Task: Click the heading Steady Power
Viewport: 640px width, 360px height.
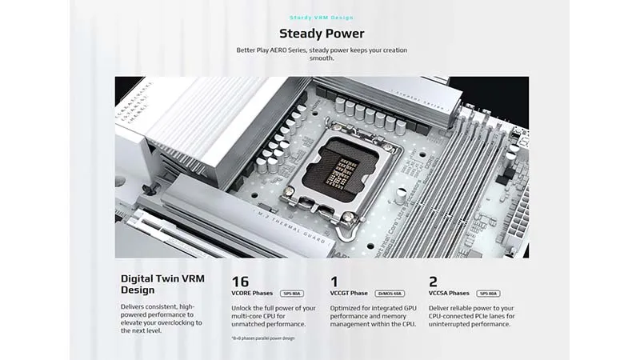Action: [x=322, y=34]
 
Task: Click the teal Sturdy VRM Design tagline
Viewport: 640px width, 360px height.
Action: [x=322, y=17]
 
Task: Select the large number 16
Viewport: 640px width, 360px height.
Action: [x=240, y=282]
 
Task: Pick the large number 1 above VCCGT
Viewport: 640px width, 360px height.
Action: [x=334, y=282]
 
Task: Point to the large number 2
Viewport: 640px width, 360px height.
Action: [x=433, y=282]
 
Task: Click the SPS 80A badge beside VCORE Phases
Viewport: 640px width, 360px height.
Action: [x=290, y=294]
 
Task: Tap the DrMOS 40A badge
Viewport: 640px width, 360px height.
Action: [x=390, y=294]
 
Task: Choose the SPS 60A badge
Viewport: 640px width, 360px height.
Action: [x=488, y=294]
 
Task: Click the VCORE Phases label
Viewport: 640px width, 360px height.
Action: [x=251, y=294]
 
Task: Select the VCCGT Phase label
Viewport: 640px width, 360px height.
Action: [x=350, y=294]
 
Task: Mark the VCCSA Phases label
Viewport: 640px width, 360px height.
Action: [x=449, y=294]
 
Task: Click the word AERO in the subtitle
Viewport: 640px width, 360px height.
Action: [x=288, y=50]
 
